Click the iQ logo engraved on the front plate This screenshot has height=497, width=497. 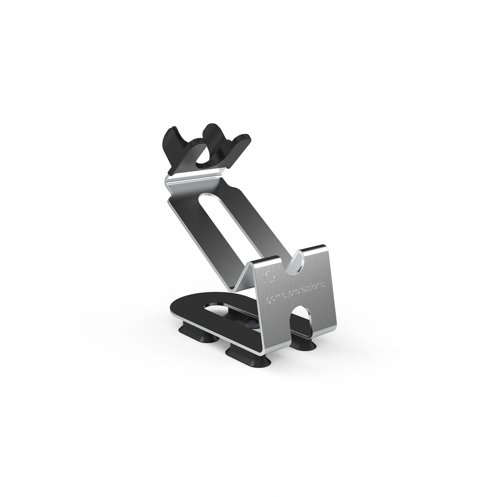point(266,276)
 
